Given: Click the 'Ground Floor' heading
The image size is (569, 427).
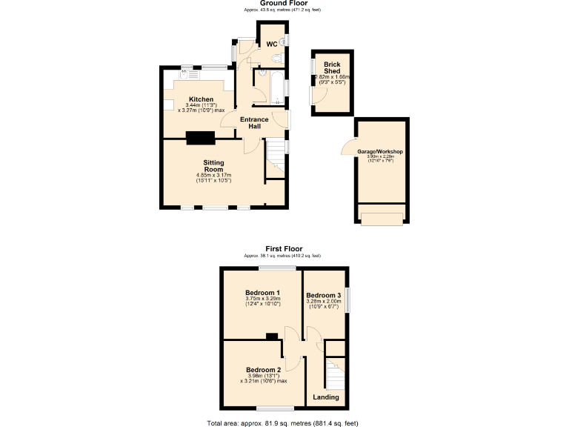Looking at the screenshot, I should [283, 3].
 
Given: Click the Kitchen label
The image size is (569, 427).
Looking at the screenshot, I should [201, 99].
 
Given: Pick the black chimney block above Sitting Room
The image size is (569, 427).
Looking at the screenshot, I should [201, 137].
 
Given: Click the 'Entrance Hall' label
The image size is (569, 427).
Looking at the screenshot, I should [255, 122].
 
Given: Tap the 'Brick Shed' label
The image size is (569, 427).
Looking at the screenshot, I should [330, 67].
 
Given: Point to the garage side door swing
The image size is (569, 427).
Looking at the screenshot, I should [348, 148].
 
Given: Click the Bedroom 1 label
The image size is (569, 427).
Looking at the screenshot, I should [262, 292].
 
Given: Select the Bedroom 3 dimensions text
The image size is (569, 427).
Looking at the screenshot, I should [323, 304].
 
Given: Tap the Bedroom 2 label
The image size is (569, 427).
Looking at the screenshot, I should [263, 369].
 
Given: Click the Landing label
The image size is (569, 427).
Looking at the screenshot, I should [326, 397].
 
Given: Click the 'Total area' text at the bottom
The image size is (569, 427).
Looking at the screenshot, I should [283, 423].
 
